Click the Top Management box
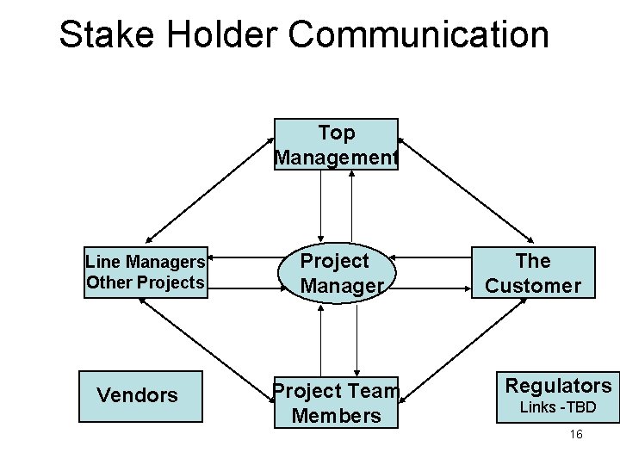(x=336, y=145)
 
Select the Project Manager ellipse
(x=336, y=272)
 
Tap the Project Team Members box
(x=337, y=403)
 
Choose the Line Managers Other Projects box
(x=146, y=272)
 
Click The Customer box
(x=533, y=272)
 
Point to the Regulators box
(x=558, y=396)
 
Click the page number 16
(x=576, y=434)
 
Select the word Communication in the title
(x=419, y=34)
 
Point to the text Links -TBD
(x=558, y=406)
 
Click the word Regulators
(x=558, y=385)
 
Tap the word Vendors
(x=138, y=395)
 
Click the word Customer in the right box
(x=533, y=285)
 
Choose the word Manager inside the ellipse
(x=341, y=285)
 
